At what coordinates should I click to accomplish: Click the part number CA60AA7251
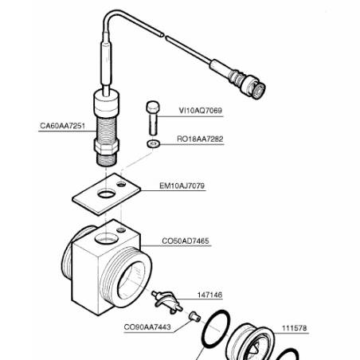pos(62,126)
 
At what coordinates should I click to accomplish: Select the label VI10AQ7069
pos(201,111)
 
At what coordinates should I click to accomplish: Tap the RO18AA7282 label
pos(200,139)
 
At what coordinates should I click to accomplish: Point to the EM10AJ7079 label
pos(182,186)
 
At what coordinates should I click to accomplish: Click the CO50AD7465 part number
pos(186,241)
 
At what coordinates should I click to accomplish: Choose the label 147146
pos(209,295)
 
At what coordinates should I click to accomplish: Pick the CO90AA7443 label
pos(147,327)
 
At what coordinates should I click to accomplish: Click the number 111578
pos(294,328)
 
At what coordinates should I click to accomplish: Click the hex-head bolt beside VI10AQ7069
pos(153,118)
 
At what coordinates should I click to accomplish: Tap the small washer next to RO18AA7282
pos(153,144)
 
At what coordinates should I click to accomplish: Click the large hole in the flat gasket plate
pos(106,194)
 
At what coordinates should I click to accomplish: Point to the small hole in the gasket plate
pos(121,184)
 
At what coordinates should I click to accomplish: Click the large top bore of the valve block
pos(106,238)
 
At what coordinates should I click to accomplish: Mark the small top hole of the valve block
pos(121,229)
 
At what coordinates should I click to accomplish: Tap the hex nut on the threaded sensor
pos(106,146)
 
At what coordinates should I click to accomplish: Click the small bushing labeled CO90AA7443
pos(194,316)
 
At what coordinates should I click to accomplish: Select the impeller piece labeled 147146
pos(166,301)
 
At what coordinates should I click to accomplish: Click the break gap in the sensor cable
pos(164,36)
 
